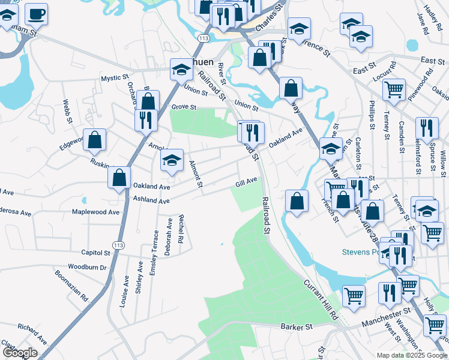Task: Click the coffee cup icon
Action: (x=36, y=13)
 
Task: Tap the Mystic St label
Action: (x=115, y=78)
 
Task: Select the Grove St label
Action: (x=184, y=107)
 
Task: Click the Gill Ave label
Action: (x=246, y=181)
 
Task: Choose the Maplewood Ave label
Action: (x=96, y=212)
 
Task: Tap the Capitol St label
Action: (x=91, y=253)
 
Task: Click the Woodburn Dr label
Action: (x=87, y=266)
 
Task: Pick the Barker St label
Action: (x=297, y=327)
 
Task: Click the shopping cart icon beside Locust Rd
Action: (x=394, y=89)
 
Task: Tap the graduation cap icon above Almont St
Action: (x=172, y=160)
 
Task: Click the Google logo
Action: (x=20, y=353)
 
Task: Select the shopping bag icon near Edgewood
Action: (x=95, y=140)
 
